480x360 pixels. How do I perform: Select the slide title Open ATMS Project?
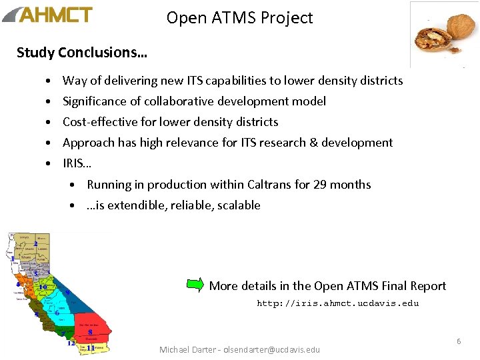(239, 18)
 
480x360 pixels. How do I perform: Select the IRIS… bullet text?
(77, 163)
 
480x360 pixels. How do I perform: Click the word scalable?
(237, 205)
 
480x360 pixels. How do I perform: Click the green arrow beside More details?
(195, 285)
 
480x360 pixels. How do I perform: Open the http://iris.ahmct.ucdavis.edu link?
(338, 303)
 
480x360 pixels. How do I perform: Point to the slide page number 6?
(459, 341)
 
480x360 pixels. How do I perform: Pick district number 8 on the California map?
(90, 331)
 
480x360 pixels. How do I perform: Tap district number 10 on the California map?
(42, 287)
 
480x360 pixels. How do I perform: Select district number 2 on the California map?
(35, 244)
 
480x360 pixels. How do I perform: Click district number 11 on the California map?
(91, 348)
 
